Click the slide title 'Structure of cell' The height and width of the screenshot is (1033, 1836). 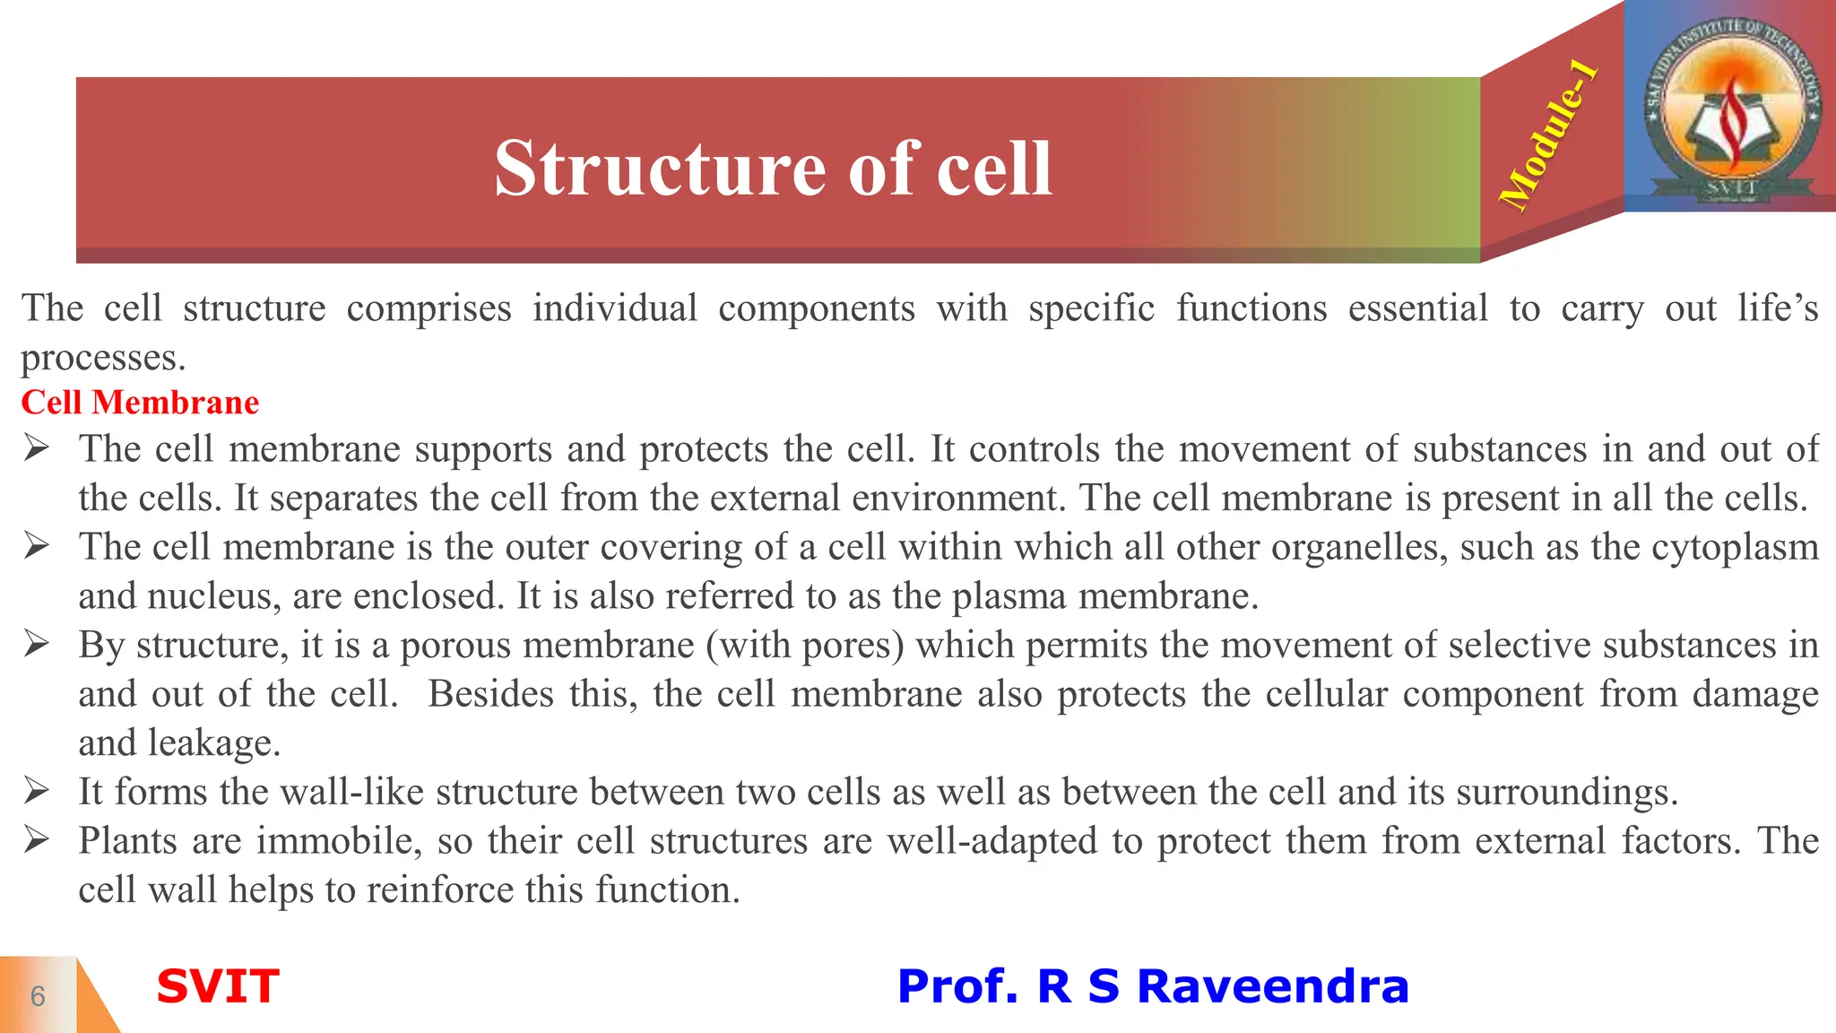pyautogui.click(x=773, y=169)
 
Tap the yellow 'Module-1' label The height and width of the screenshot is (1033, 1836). pyautogui.click(x=1549, y=136)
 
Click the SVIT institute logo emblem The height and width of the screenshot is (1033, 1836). pyautogui.click(x=1731, y=106)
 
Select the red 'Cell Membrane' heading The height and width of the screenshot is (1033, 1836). pyautogui.click(x=140, y=403)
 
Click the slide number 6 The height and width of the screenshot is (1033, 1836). pyautogui.click(x=38, y=996)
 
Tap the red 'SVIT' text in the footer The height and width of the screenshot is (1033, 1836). pyautogui.click(x=218, y=986)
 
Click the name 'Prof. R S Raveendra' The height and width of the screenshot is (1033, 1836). pyautogui.click(x=1153, y=986)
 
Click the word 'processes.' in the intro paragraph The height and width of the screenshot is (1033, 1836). pyautogui.click(x=103, y=359)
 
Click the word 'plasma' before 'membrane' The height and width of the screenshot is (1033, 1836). pyautogui.click(x=1009, y=596)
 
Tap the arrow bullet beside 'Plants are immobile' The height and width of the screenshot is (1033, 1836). pyautogui.click(x=37, y=840)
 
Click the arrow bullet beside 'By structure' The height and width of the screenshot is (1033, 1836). pyautogui.click(x=37, y=644)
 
